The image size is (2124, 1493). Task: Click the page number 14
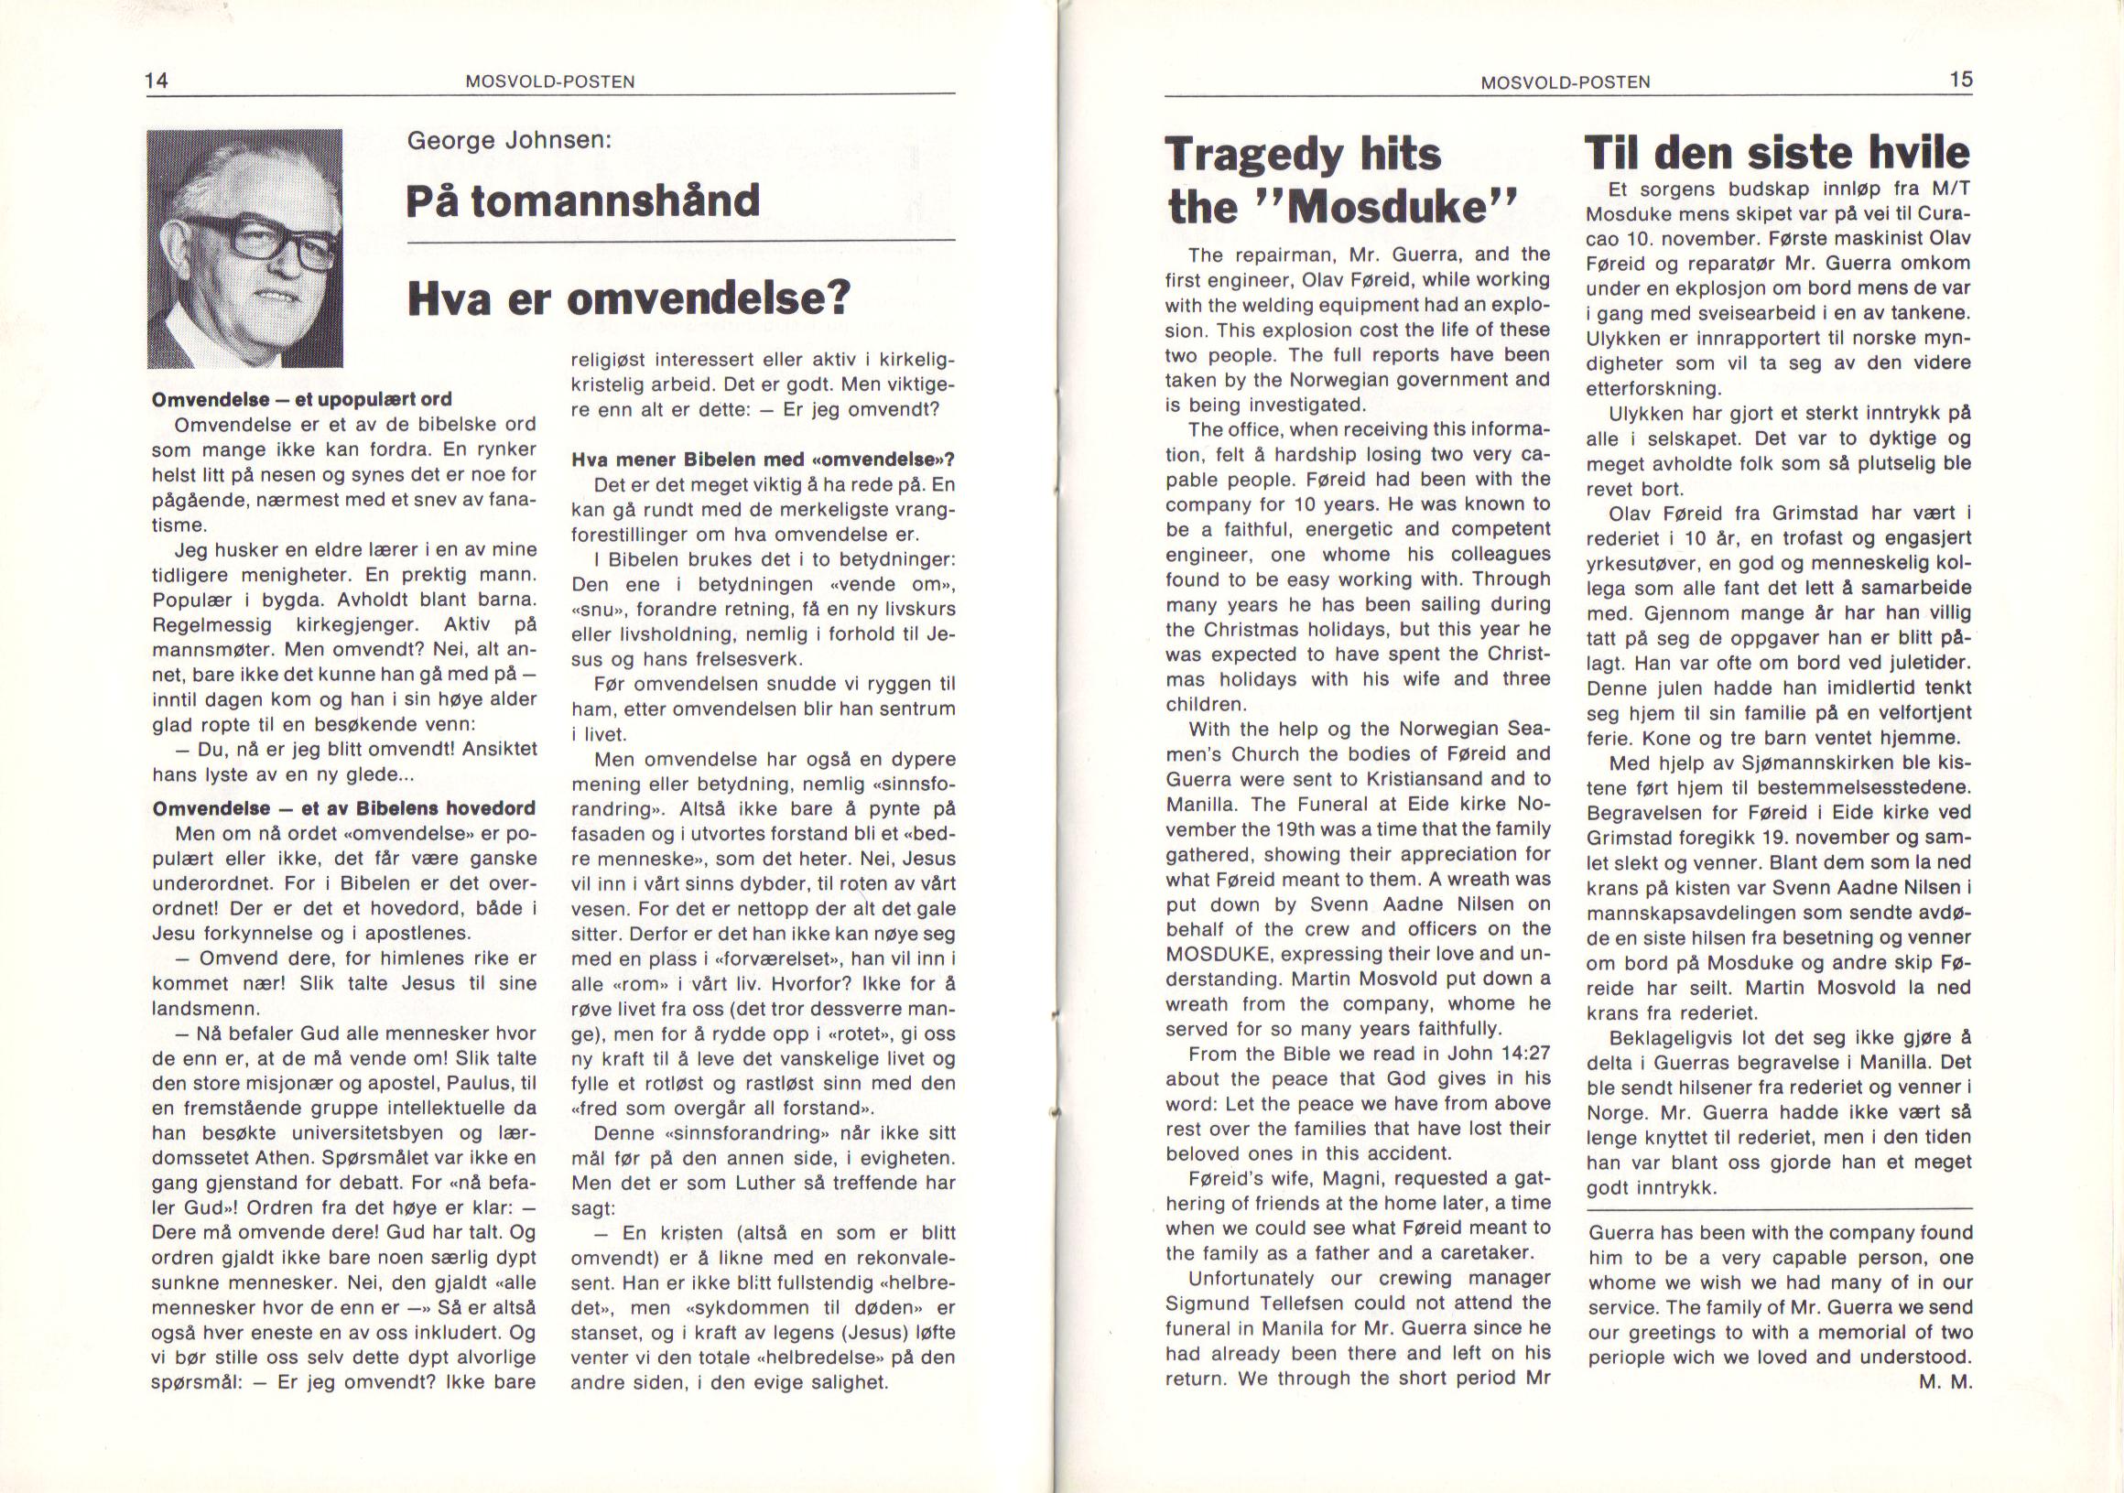click(157, 81)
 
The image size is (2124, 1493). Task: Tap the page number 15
click(1961, 80)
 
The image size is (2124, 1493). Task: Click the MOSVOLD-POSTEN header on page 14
click(550, 81)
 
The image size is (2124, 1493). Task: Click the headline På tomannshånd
click(583, 200)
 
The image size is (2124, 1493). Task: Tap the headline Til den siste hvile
click(1776, 152)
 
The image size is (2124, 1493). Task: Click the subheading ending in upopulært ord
click(301, 400)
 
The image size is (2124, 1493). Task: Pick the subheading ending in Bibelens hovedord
click(343, 807)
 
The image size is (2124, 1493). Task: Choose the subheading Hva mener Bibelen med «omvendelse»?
click(763, 460)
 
